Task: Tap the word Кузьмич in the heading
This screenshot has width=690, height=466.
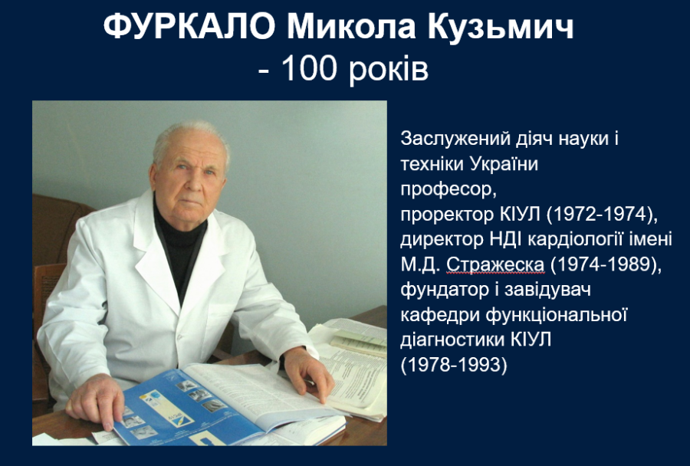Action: (501, 28)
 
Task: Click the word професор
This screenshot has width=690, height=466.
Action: (449, 190)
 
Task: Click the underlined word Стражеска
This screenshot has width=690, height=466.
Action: (495, 265)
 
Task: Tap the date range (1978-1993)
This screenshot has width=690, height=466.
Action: (454, 366)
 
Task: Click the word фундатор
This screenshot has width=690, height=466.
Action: (445, 290)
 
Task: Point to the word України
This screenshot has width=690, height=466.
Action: (504, 164)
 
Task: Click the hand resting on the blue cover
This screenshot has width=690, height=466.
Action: (97, 401)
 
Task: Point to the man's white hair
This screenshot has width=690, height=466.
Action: (190, 137)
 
